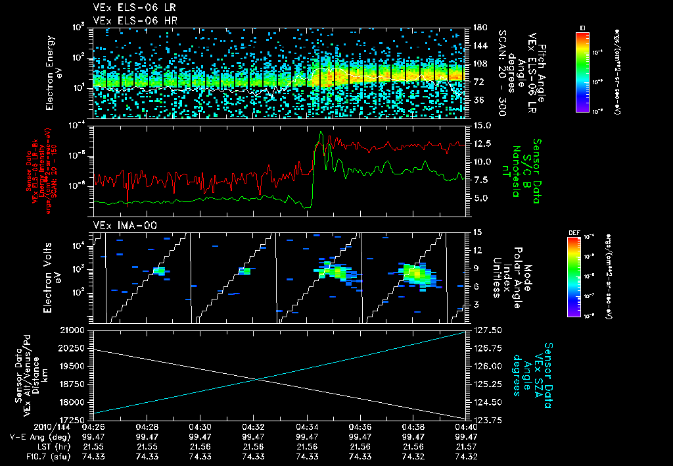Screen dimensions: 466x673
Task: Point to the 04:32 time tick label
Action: point(254,427)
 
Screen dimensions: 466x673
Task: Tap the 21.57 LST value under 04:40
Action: point(465,446)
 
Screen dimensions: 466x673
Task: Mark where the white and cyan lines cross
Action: point(257,378)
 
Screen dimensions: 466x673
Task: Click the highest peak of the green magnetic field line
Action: point(320,132)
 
